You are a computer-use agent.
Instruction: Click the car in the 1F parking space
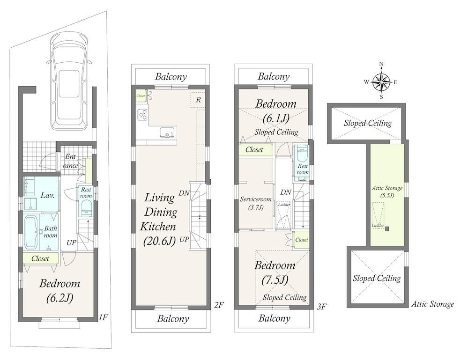click(69, 81)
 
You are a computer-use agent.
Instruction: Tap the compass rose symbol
click(381, 81)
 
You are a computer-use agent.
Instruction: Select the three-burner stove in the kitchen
click(143, 114)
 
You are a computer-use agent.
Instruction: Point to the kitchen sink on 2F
click(167, 132)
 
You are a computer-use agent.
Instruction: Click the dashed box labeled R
click(198, 100)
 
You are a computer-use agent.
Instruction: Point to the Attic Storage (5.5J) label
click(387, 191)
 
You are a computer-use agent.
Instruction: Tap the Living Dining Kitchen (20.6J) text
click(160, 219)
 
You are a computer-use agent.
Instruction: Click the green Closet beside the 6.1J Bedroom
click(256, 150)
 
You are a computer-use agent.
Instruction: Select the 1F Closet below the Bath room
click(41, 258)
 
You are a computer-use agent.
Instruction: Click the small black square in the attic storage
click(387, 229)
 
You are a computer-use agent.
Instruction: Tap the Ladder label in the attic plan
click(378, 226)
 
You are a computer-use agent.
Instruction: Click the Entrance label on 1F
click(71, 161)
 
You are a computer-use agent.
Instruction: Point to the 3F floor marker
click(322, 307)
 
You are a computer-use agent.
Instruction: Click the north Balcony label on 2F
click(171, 77)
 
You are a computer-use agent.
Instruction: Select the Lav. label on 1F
click(47, 195)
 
